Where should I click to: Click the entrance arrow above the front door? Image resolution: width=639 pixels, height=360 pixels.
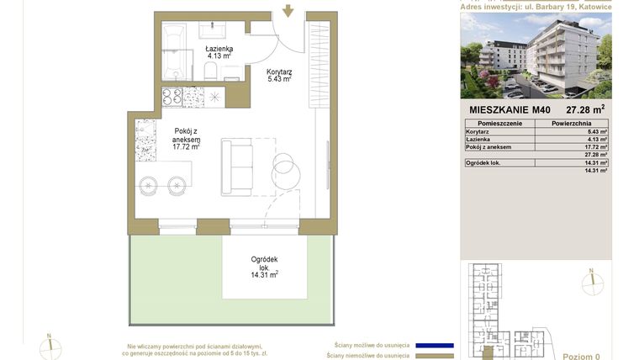click(x=288, y=10)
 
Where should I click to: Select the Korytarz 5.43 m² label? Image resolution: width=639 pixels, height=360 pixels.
click(x=278, y=76)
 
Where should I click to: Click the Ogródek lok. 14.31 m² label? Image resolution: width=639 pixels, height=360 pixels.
click(x=264, y=267)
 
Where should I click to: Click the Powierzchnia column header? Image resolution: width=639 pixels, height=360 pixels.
click(x=578, y=124)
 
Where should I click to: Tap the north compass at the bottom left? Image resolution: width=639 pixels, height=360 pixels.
click(x=50, y=346)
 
